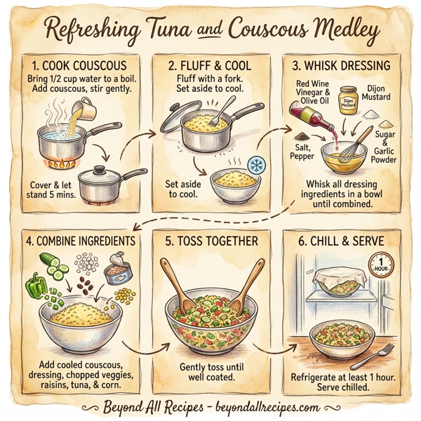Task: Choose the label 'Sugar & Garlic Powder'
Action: coord(385,148)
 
